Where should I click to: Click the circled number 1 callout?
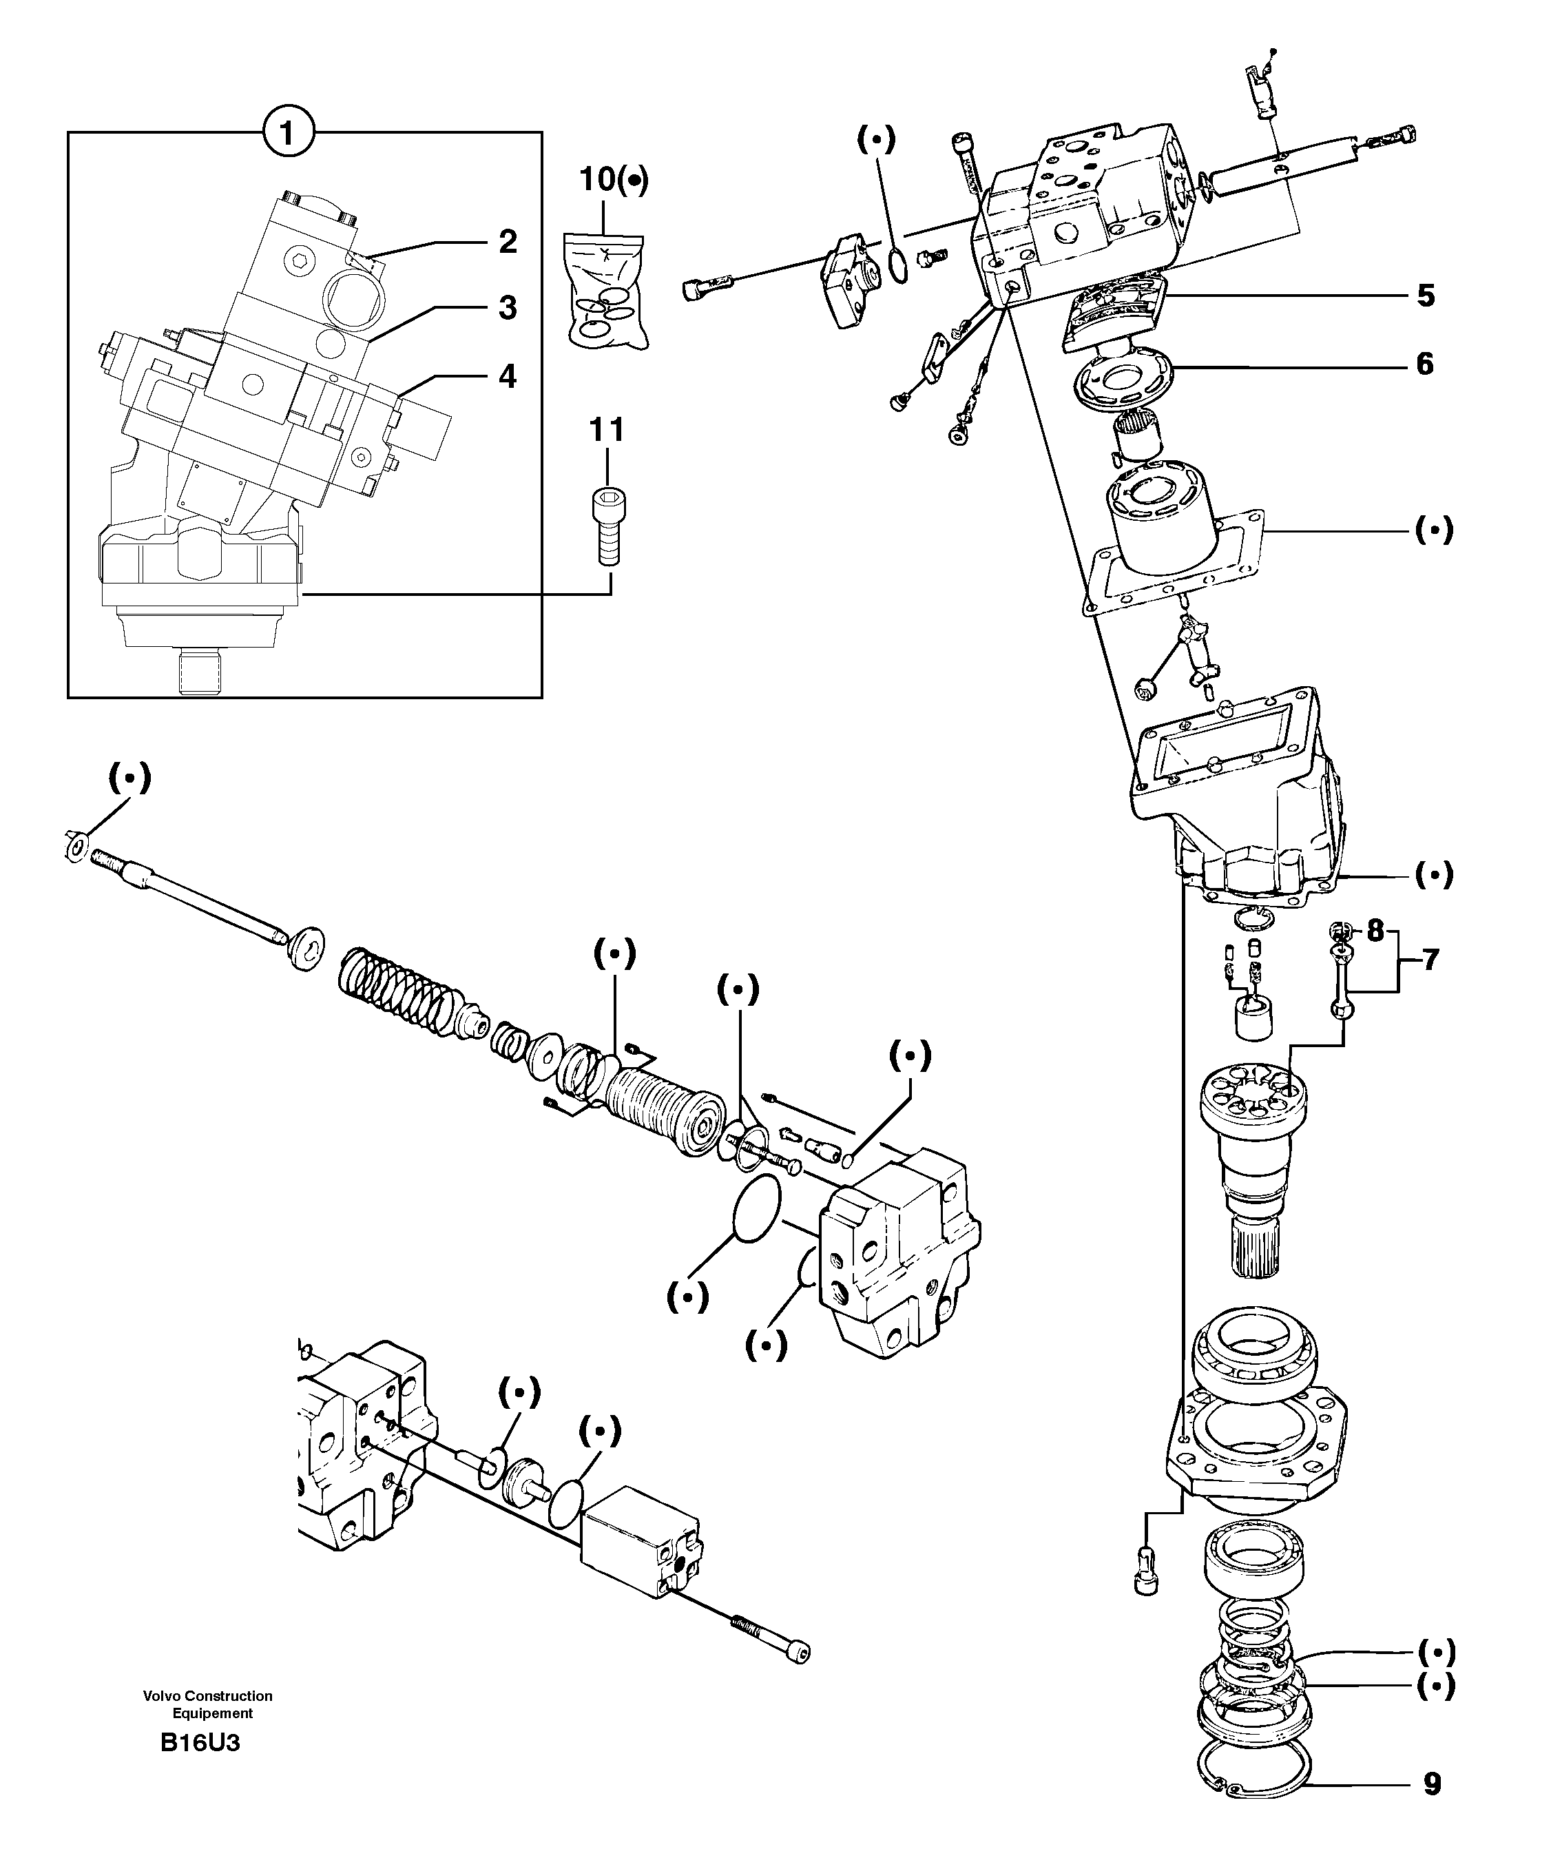tap(287, 134)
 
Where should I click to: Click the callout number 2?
tap(507, 241)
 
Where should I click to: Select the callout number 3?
tap(507, 308)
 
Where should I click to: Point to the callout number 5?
tap(1426, 296)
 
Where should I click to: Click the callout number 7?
tap(1430, 960)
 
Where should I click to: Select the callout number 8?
tap(1375, 932)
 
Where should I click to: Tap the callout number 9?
tap(1432, 1784)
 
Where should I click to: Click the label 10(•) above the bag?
tap(613, 180)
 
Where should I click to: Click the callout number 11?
tap(607, 431)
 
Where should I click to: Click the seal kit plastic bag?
tap(605, 289)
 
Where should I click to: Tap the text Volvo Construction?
tap(207, 1696)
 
